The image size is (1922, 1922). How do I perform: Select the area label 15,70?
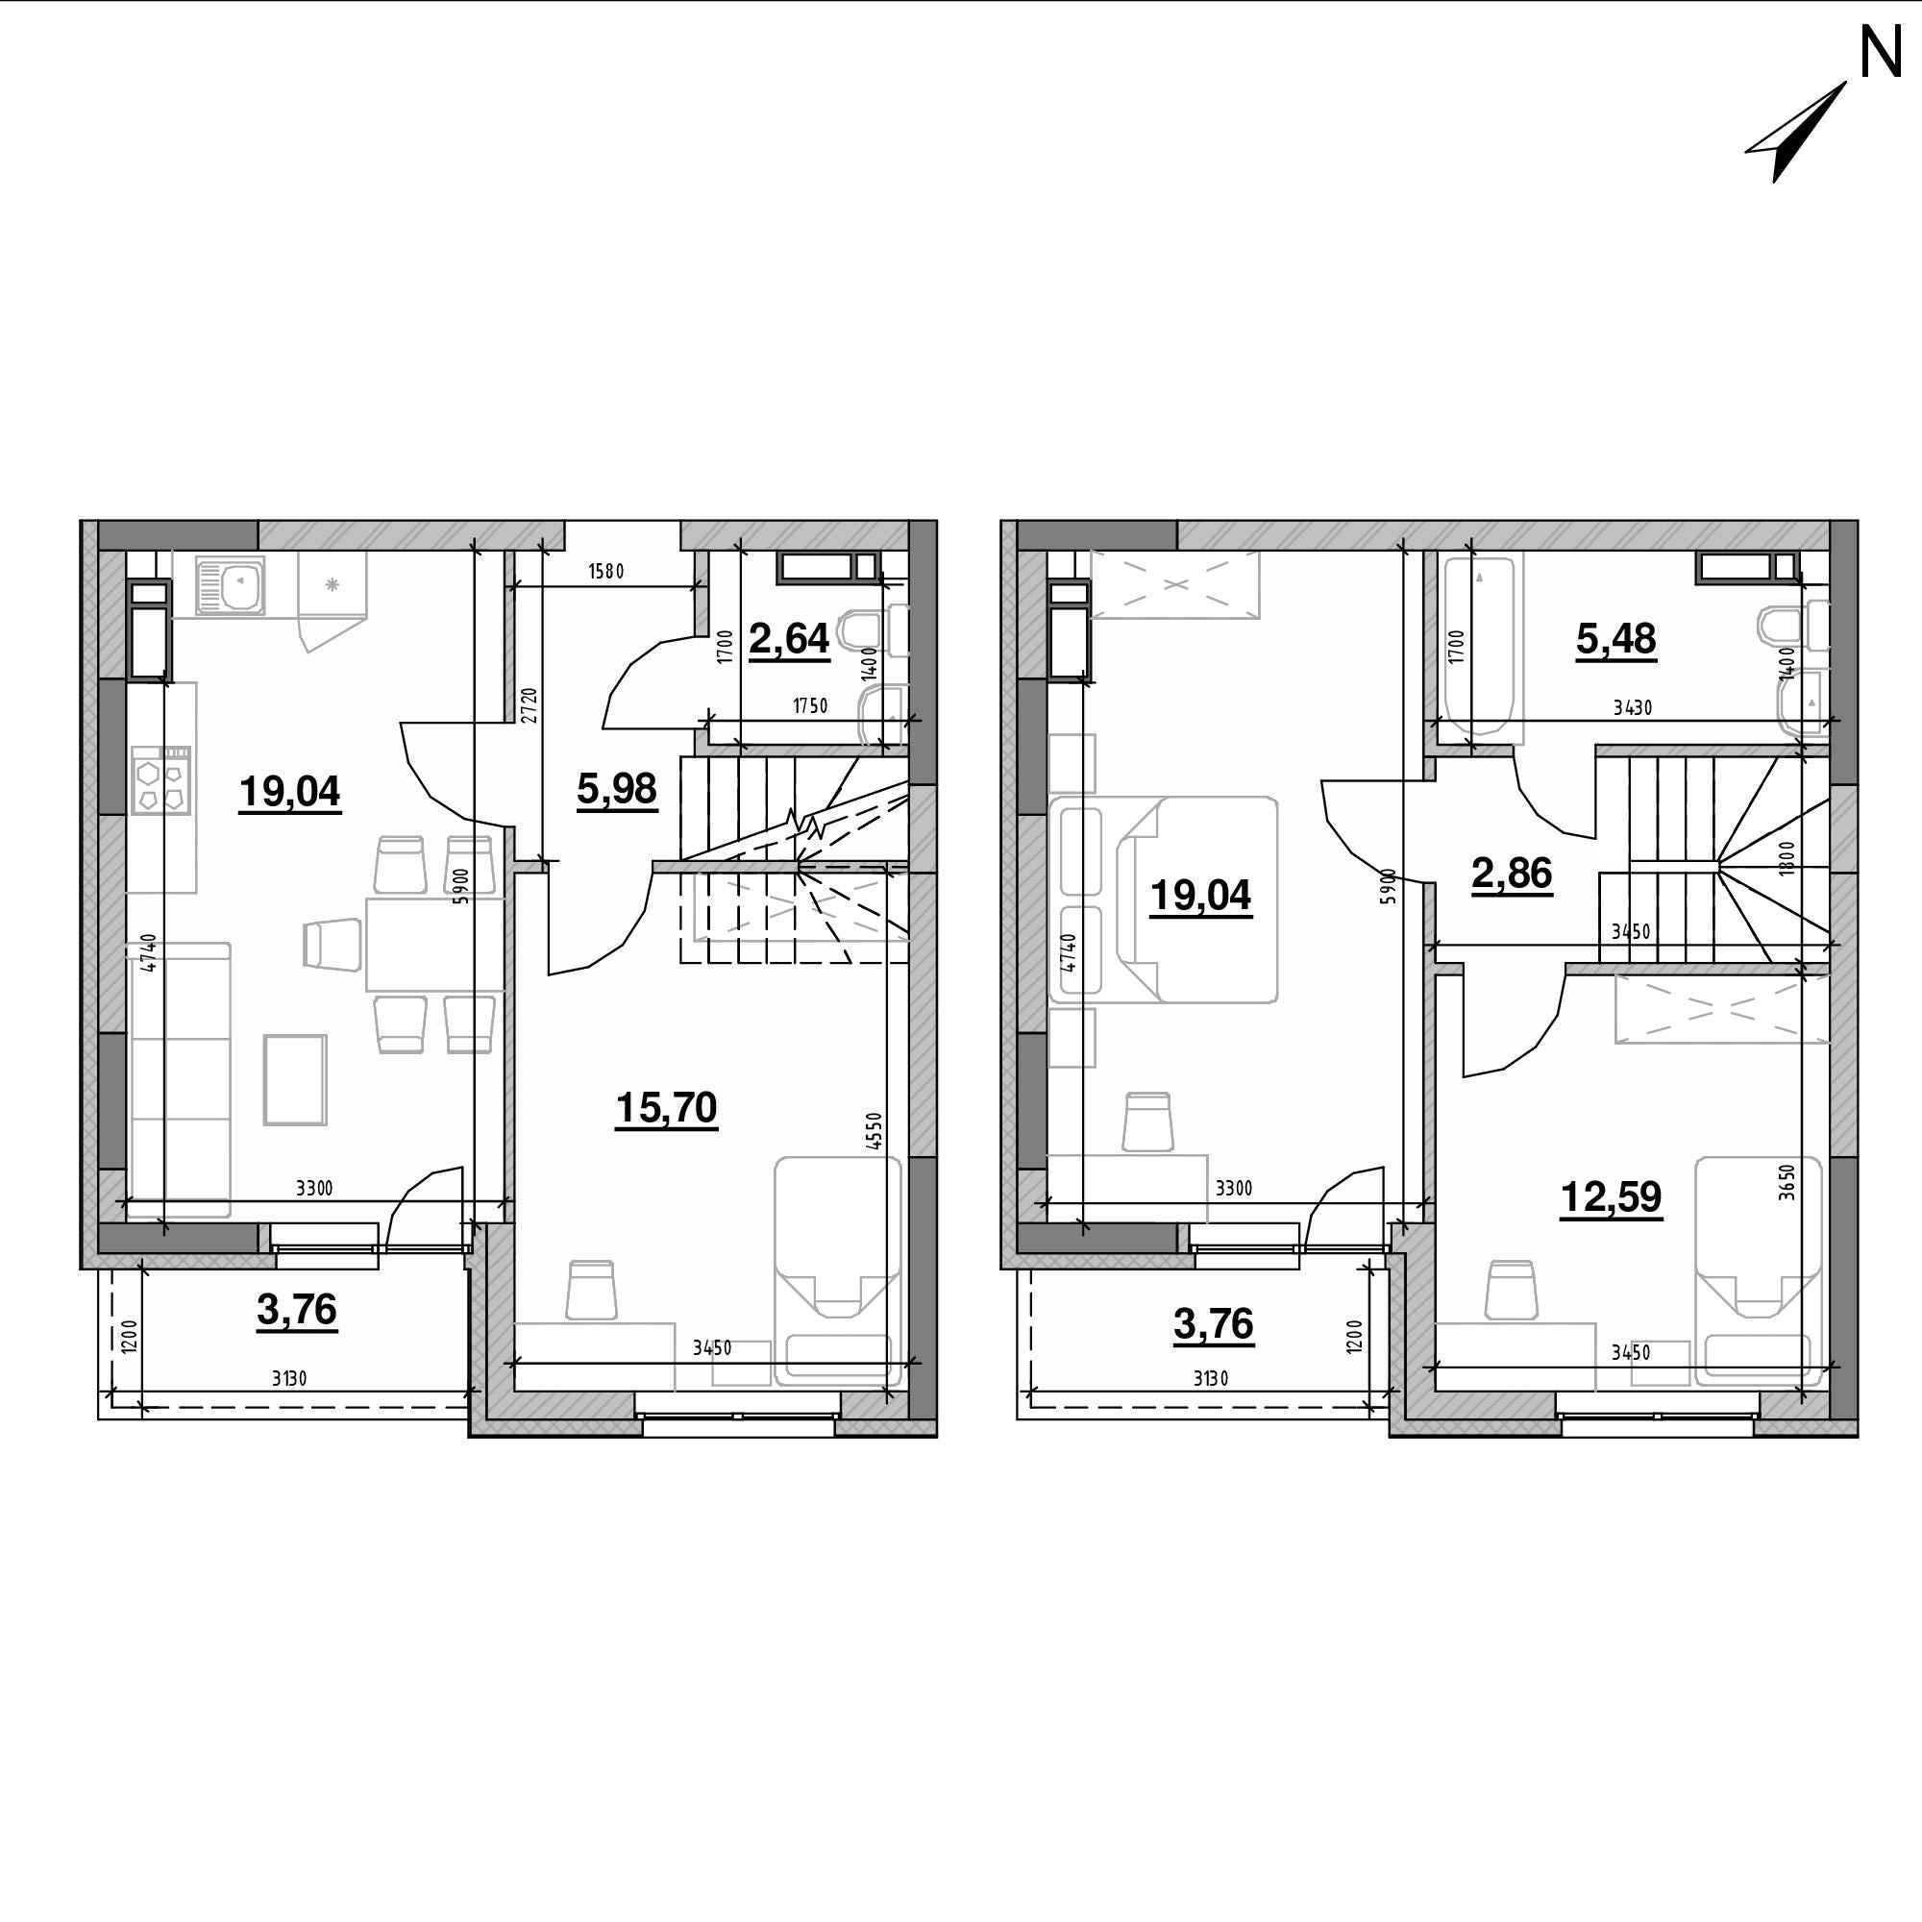[x=667, y=1107]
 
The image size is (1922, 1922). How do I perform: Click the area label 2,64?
[x=789, y=639]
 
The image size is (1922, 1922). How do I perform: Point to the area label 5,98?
[x=617, y=789]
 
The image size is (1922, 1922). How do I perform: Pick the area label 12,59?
[x=1611, y=1196]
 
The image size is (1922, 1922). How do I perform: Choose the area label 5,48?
[x=1615, y=639]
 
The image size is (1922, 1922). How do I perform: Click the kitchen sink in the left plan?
[x=231, y=584]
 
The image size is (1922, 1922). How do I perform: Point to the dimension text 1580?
[x=605, y=571]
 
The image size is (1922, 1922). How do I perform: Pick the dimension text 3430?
[x=1633, y=707]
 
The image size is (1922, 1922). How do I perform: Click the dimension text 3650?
[x=1787, y=1183]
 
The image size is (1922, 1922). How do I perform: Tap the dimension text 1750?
[x=810, y=706]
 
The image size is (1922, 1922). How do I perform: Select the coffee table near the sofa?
[x=295, y=1079]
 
